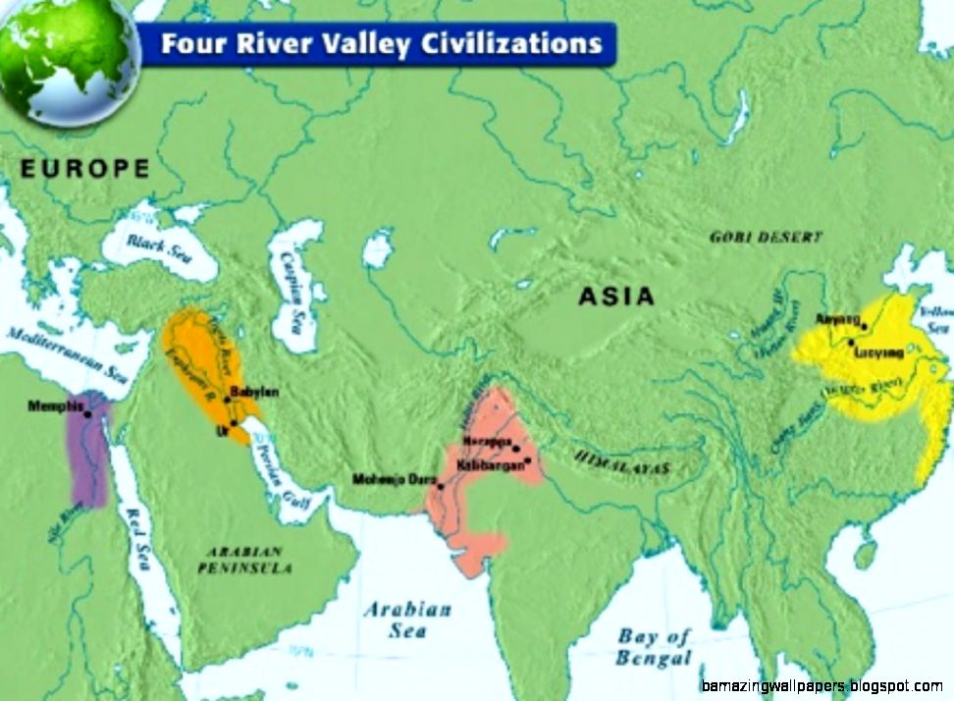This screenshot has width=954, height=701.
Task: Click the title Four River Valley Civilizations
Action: [x=380, y=45]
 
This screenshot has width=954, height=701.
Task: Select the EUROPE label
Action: [x=85, y=169]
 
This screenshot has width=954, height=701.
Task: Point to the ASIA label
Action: [x=615, y=296]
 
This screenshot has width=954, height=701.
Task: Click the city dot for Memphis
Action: [x=87, y=413]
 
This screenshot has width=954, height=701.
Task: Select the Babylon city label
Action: [x=254, y=393]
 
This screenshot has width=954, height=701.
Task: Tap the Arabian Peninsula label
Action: [x=241, y=560]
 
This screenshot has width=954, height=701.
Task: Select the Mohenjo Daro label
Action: [x=393, y=480]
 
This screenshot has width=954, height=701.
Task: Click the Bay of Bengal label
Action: [x=655, y=647]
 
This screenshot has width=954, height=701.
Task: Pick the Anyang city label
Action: [x=836, y=320]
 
